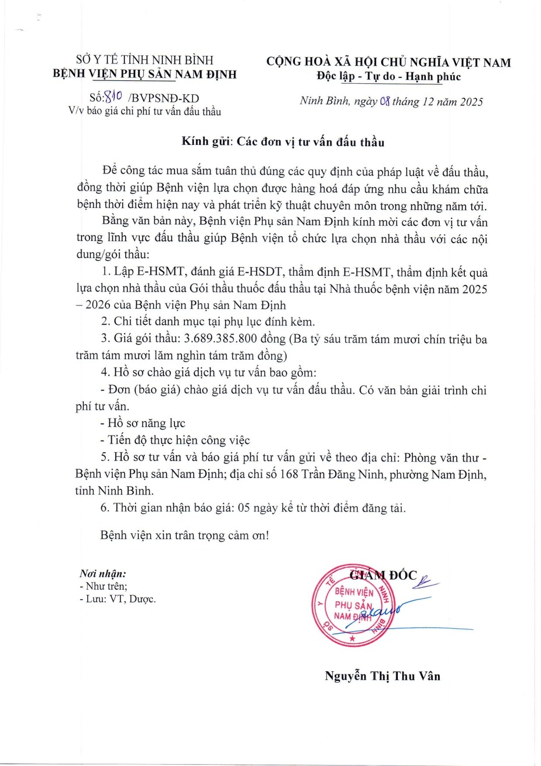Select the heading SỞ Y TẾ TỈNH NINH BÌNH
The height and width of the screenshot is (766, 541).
[145, 59]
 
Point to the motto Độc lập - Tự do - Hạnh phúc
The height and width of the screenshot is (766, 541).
[388, 76]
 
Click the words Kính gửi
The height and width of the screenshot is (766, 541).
[205, 141]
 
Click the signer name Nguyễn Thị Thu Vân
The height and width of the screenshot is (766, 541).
[382, 676]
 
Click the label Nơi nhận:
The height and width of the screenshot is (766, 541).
[102, 574]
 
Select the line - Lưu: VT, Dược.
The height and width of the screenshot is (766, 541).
[118, 598]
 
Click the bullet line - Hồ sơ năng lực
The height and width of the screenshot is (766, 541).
[143, 423]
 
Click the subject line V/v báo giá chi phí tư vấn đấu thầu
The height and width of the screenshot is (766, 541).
[144, 112]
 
